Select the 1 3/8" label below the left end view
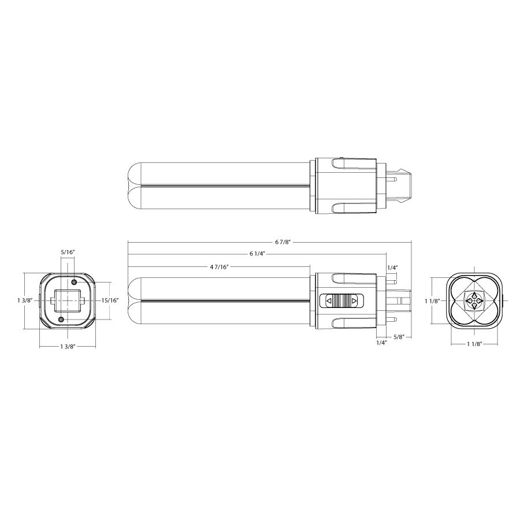68,346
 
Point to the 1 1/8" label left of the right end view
432,300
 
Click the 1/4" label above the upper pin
392,268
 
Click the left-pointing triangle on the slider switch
329,301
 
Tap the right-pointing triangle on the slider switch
354,301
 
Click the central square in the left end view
68,300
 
